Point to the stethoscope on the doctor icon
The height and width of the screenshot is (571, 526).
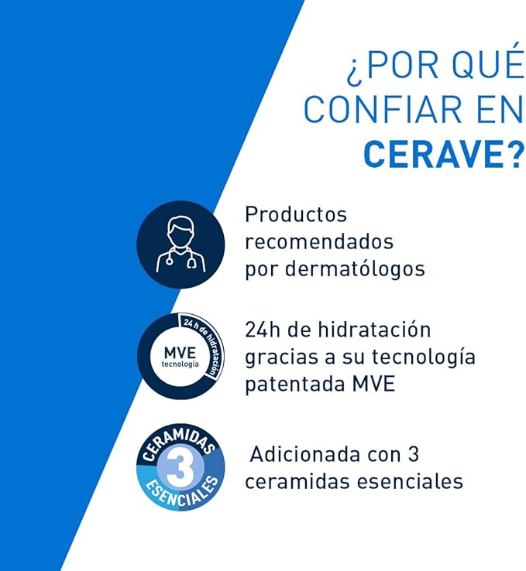(190, 261)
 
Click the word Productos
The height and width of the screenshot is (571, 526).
(296, 215)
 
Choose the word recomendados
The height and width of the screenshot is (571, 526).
(319, 241)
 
